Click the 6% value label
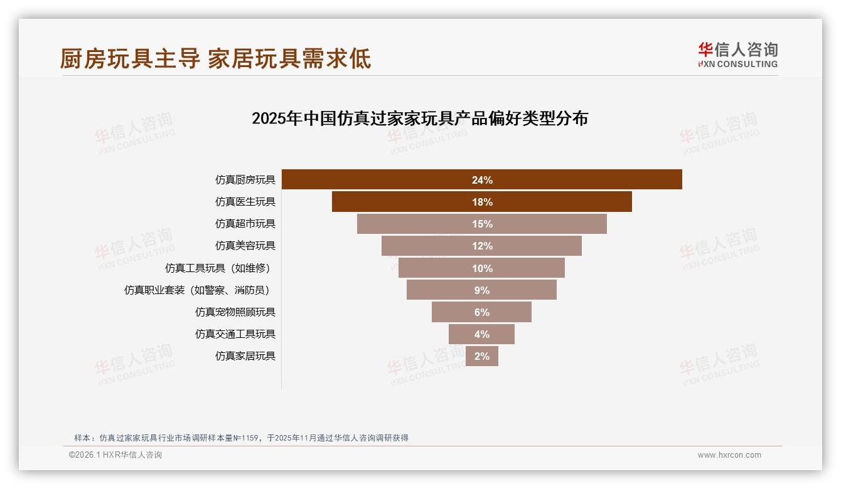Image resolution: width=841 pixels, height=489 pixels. tap(482, 312)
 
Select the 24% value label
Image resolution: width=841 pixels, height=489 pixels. tap(482, 180)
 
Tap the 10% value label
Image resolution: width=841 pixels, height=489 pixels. tap(482, 268)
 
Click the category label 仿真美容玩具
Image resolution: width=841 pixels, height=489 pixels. tap(245, 246)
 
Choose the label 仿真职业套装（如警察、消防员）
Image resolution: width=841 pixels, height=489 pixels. tap(200, 290)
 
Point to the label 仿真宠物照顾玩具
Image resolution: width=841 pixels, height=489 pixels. tap(235, 312)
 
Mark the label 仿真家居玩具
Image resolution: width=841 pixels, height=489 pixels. tap(245, 356)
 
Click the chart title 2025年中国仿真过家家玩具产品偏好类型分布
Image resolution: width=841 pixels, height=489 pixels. tap(419, 118)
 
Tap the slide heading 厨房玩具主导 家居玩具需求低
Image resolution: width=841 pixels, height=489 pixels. tap(215, 58)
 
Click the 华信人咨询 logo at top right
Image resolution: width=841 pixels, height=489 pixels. tap(737, 55)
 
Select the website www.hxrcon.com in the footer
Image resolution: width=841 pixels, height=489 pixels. tap(729, 455)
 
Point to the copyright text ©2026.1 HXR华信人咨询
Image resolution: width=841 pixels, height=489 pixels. tap(115, 455)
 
